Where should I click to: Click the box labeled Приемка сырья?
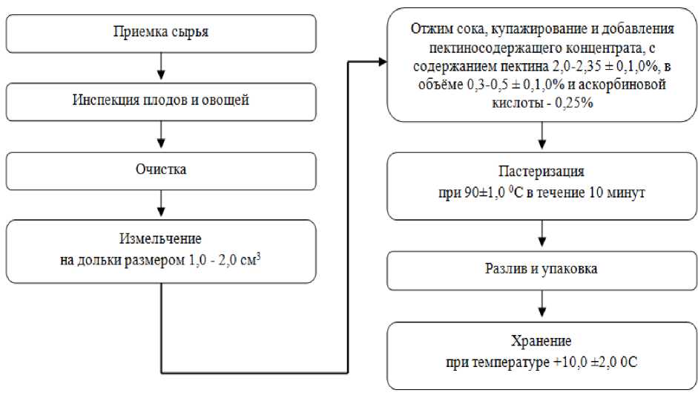click(x=160, y=32)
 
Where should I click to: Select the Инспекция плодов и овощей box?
click(x=160, y=100)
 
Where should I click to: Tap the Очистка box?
click(x=160, y=169)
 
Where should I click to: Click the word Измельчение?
click(x=160, y=238)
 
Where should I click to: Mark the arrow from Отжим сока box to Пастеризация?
click(x=541, y=135)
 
